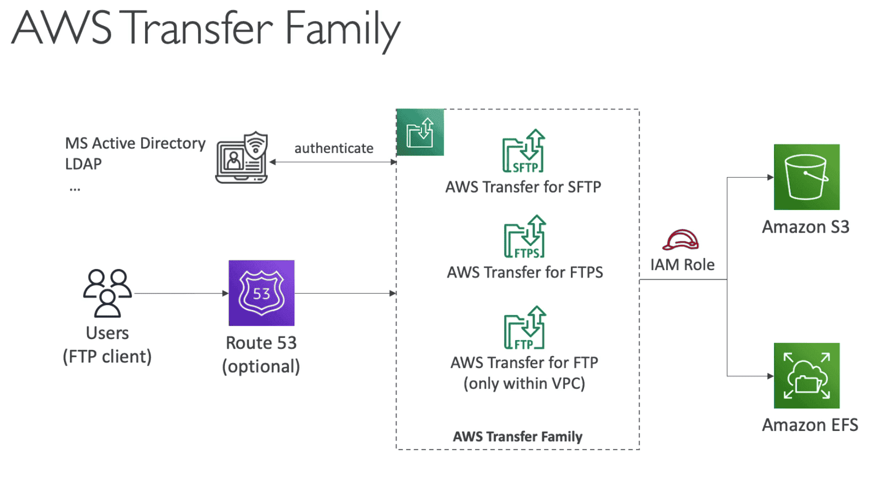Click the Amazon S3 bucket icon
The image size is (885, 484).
806,177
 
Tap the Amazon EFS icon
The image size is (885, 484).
806,375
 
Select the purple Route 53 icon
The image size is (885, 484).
261,293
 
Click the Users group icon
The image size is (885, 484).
107,293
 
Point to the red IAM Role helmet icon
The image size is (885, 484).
680,240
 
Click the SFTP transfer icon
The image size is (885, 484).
523,151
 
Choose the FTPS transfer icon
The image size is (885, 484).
524,236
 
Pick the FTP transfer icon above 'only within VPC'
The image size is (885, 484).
524,327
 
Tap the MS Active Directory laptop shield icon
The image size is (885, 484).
242,158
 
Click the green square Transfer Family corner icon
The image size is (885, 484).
420,132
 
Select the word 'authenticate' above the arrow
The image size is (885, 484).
333,148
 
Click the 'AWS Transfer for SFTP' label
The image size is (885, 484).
523,187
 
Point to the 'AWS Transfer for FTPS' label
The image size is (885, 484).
524,272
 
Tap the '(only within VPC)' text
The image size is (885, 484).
524,383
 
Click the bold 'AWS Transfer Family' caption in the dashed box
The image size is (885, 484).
517,436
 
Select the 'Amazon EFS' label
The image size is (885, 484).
809,425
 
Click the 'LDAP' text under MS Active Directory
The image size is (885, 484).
83,164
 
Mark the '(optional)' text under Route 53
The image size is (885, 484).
261,366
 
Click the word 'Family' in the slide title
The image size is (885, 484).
342,29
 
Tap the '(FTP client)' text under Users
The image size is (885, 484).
107,356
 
